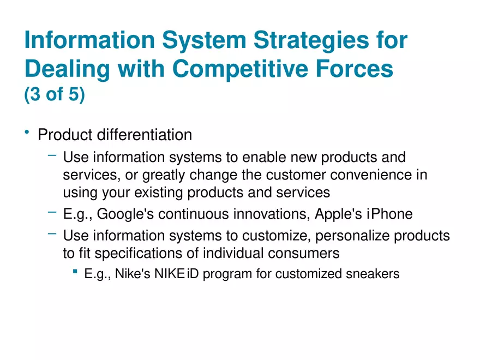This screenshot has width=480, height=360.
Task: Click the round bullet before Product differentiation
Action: click(x=26, y=133)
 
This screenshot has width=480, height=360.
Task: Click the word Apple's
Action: click(x=338, y=214)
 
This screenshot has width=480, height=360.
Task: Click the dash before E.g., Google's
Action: click(x=52, y=212)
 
